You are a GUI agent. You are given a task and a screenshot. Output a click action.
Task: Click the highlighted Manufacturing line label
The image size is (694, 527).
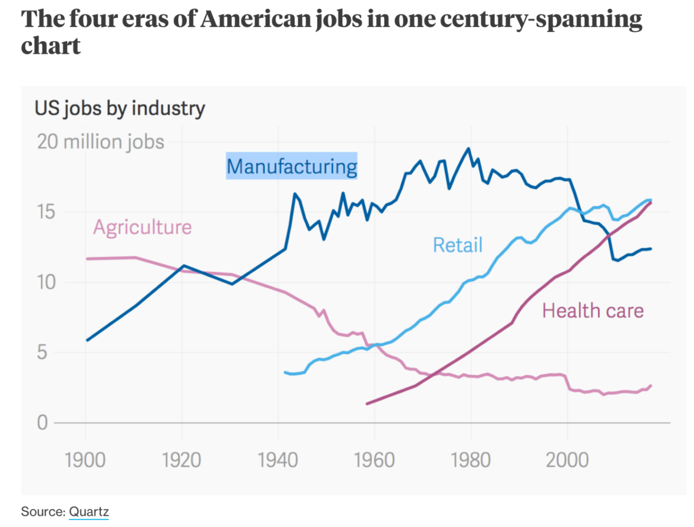[x=292, y=166]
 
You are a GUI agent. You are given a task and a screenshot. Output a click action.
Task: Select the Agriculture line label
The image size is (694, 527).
[x=143, y=227]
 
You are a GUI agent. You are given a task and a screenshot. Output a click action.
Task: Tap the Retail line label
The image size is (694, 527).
[x=458, y=245]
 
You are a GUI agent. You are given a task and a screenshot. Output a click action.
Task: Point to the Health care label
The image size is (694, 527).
[x=593, y=311]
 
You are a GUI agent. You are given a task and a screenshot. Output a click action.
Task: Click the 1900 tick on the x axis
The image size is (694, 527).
[x=85, y=459]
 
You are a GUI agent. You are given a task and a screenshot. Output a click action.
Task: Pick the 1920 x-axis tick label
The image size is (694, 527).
[x=181, y=459]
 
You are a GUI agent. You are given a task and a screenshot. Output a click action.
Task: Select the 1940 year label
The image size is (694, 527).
[x=278, y=459]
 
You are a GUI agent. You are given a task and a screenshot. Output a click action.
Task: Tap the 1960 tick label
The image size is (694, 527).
[x=374, y=459]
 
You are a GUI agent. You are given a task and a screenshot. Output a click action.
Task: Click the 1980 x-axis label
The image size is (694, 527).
[x=471, y=459]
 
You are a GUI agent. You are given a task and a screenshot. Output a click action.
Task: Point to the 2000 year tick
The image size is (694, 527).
[x=567, y=459]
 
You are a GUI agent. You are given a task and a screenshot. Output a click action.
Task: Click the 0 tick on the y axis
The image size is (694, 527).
[x=42, y=423]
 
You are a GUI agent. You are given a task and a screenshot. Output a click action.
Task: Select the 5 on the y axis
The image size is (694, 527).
[x=42, y=352]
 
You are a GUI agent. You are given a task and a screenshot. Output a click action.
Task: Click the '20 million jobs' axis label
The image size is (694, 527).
[x=101, y=142]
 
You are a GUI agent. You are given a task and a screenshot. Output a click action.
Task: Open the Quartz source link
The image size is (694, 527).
[x=89, y=512]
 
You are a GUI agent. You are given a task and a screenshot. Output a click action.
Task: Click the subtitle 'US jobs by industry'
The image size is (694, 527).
[x=120, y=108]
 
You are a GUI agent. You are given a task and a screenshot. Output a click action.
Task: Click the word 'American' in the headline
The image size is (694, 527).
[x=255, y=20]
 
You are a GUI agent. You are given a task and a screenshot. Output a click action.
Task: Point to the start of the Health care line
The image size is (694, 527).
[x=367, y=403]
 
